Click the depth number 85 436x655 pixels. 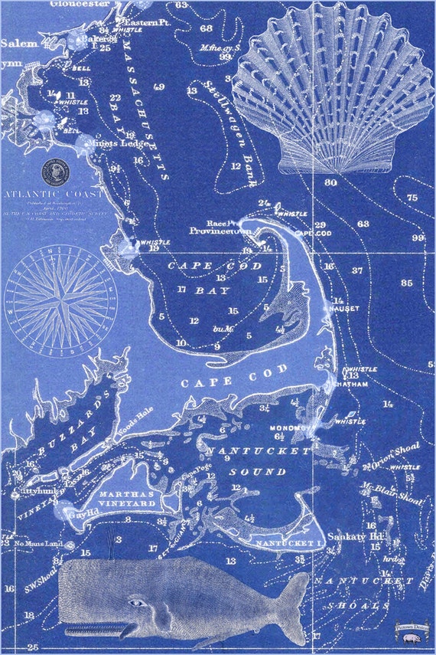(x=406, y=283)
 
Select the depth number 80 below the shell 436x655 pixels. (x=330, y=183)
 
